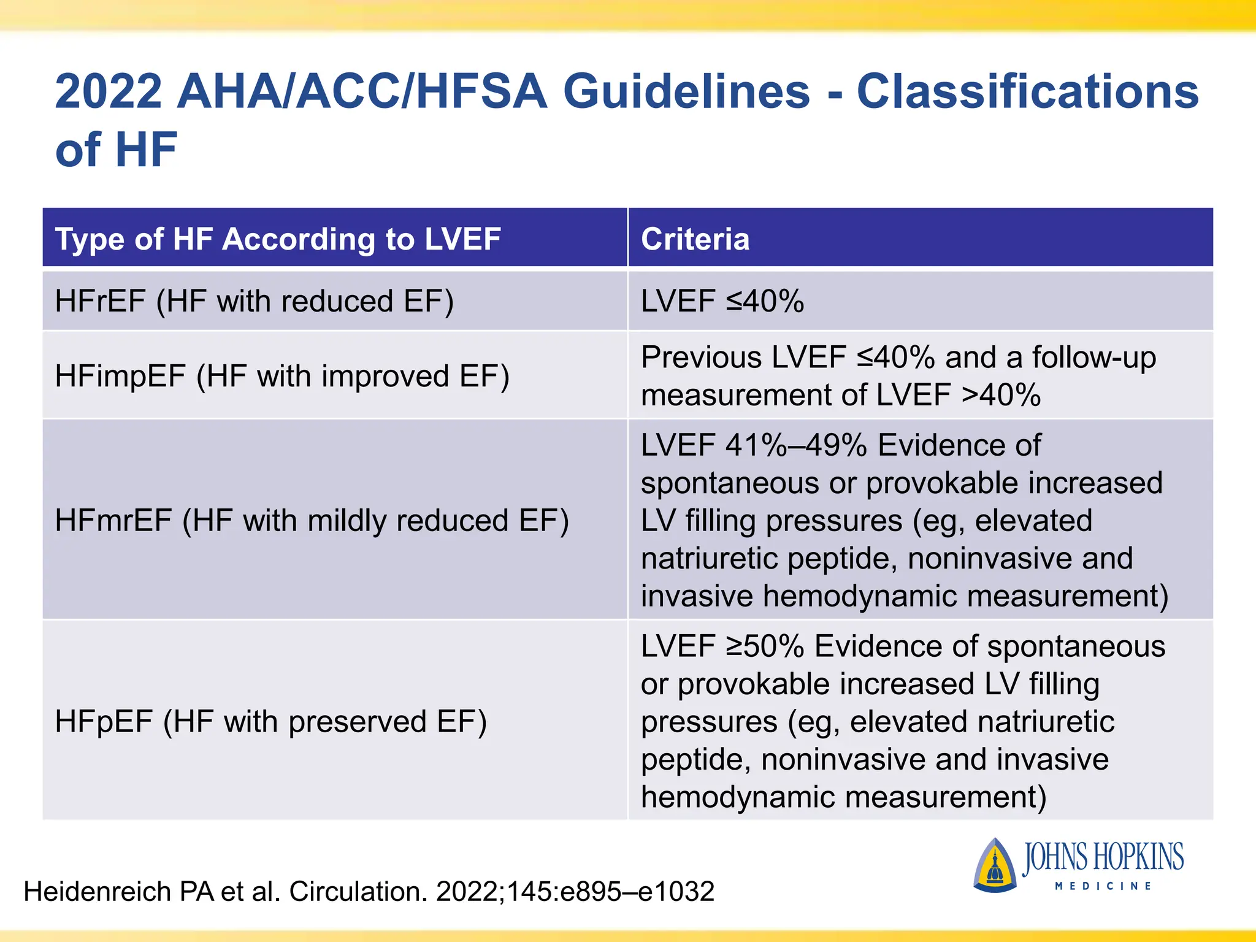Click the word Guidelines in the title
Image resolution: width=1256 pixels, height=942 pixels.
click(686, 92)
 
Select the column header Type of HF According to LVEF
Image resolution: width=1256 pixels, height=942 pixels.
click(278, 239)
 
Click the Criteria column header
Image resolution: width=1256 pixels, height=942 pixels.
click(695, 239)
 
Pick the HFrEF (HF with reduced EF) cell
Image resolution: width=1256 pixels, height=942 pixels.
click(254, 301)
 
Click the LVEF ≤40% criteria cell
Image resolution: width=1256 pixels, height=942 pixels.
click(722, 301)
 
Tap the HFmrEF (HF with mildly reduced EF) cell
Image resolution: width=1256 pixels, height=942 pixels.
click(312, 521)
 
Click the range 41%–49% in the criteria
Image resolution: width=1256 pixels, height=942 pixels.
click(795, 445)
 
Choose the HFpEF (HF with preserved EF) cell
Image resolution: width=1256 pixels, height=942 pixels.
click(270, 721)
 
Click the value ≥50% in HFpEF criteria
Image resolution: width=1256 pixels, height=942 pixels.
click(765, 646)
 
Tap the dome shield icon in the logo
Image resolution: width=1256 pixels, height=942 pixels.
click(994, 865)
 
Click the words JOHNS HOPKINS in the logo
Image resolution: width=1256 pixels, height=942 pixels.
click(1102, 857)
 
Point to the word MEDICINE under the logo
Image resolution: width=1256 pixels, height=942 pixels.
click(1103, 886)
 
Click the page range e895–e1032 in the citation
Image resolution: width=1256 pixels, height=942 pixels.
click(637, 892)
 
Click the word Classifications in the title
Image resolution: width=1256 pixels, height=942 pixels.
click(1027, 92)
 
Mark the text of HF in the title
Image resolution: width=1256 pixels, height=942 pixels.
click(116, 150)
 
